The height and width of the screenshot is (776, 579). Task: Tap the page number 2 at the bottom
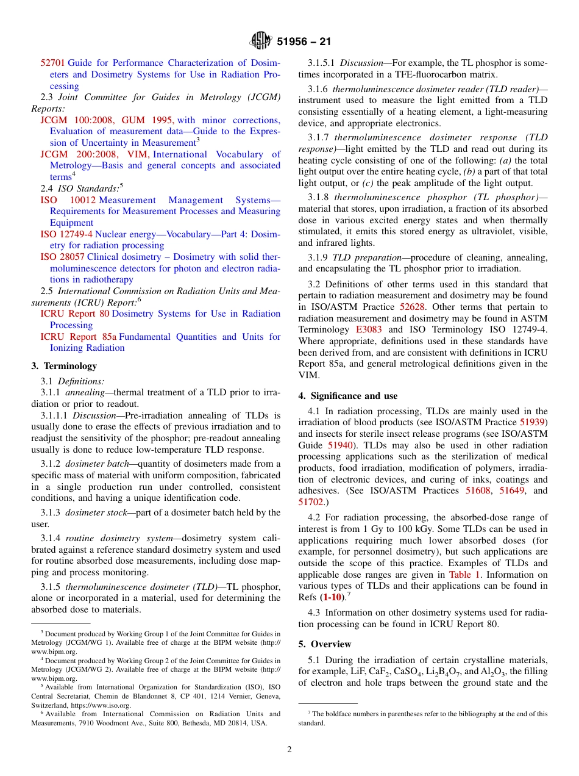coord(289,750)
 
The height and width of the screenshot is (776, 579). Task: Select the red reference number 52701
coord(52,63)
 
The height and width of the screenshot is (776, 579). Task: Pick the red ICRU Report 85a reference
coord(78,337)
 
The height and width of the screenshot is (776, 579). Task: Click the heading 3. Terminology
coord(64,366)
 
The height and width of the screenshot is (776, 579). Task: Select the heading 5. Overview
coord(325,644)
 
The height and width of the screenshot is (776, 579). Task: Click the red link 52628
coord(412,307)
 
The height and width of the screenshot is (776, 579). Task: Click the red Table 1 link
coord(464,575)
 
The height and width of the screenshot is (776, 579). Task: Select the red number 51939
coord(533,422)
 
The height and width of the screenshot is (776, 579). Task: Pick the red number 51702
coord(311,502)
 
